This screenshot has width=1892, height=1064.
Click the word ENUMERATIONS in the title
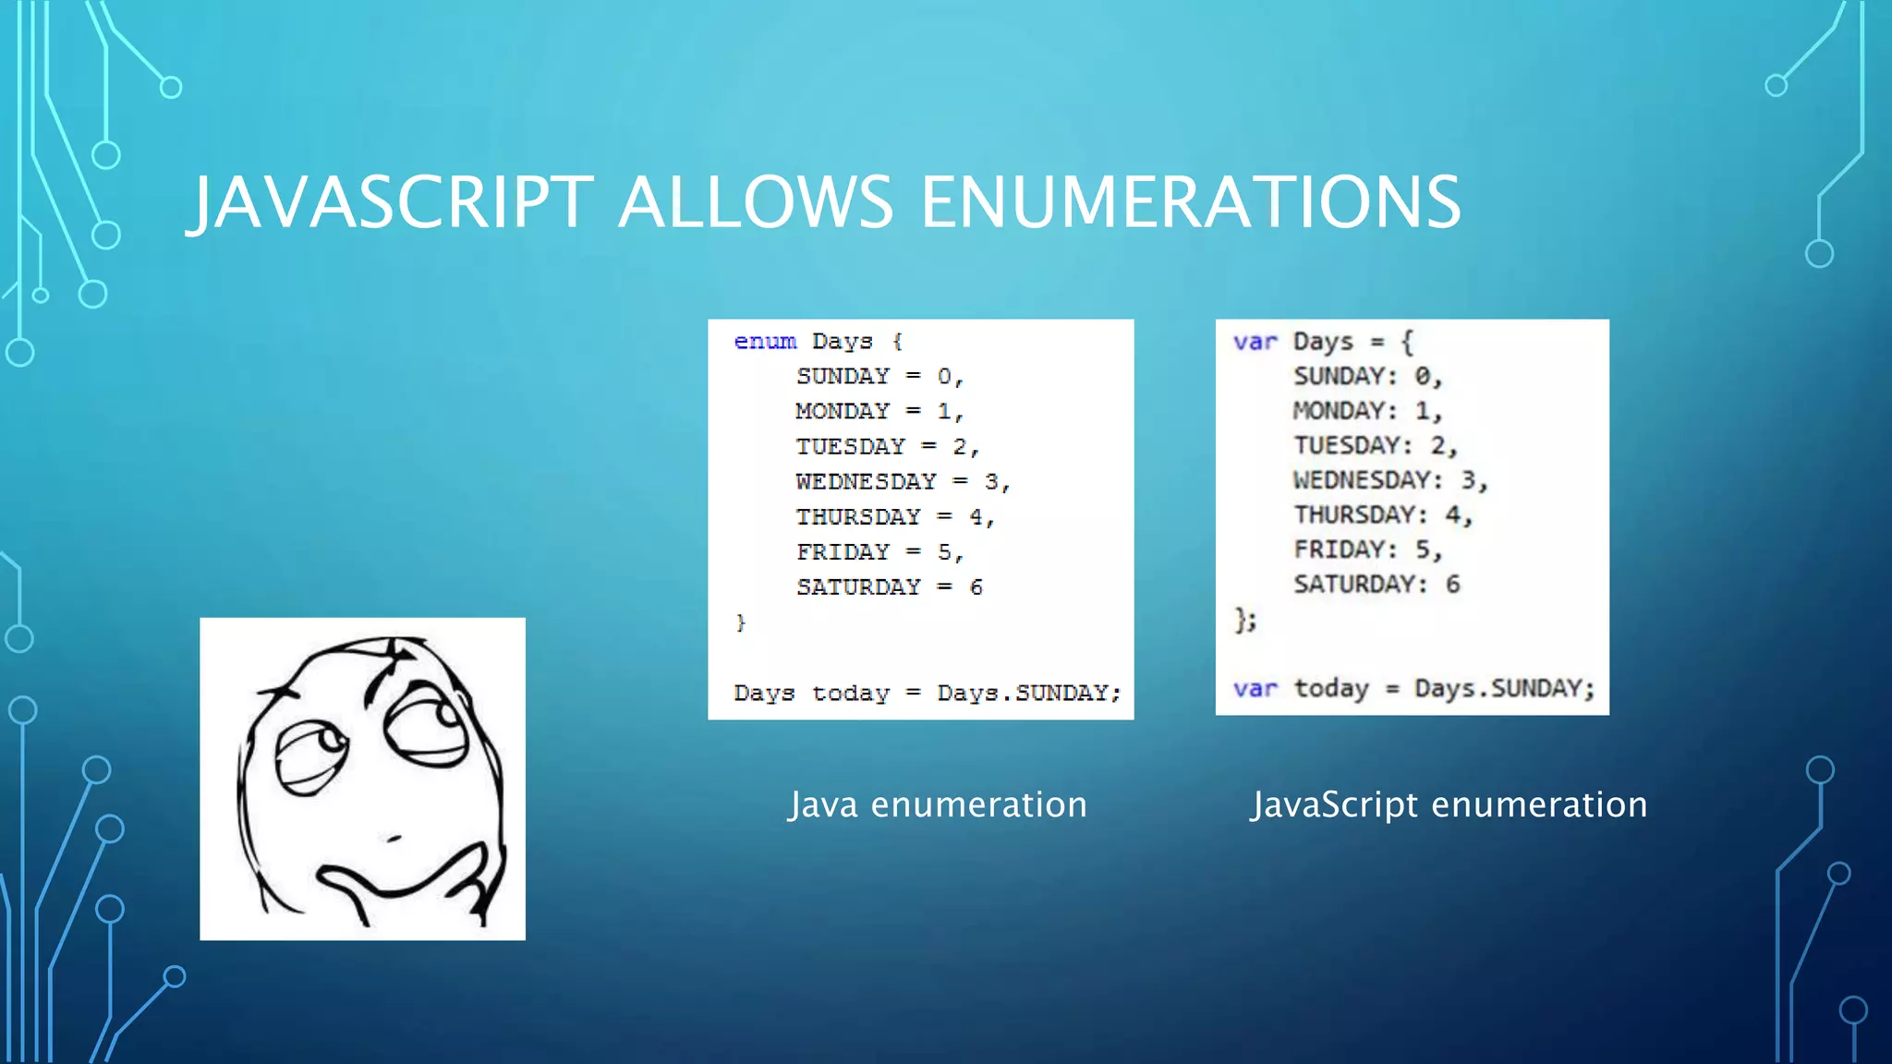(x=1191, y=202)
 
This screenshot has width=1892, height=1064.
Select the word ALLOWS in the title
(x=756, y=202)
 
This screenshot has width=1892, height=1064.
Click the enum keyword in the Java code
(x=765, y=342)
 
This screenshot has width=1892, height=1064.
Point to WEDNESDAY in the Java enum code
(x=866, y=481)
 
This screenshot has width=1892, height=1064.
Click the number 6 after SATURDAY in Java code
(x=976, y=587)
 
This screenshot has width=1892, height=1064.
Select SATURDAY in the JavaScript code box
(x=1354, y=585)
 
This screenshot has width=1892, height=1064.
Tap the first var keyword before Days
(x=1255, y=342)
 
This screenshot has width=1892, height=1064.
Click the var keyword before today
(x=1255, y=689)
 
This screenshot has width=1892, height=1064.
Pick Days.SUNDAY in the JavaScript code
(x=1503, y=689)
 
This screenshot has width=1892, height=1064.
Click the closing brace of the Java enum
(x=740, y=623)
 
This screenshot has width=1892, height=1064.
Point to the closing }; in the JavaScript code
(x=1245, y=620)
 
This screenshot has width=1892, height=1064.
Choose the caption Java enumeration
(x=938, y=804)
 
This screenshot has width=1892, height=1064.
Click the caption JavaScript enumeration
(x=1449, y=804)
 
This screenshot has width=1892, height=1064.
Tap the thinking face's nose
(x=393, y=838)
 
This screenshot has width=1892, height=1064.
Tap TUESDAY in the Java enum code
(x=850, y=447)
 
